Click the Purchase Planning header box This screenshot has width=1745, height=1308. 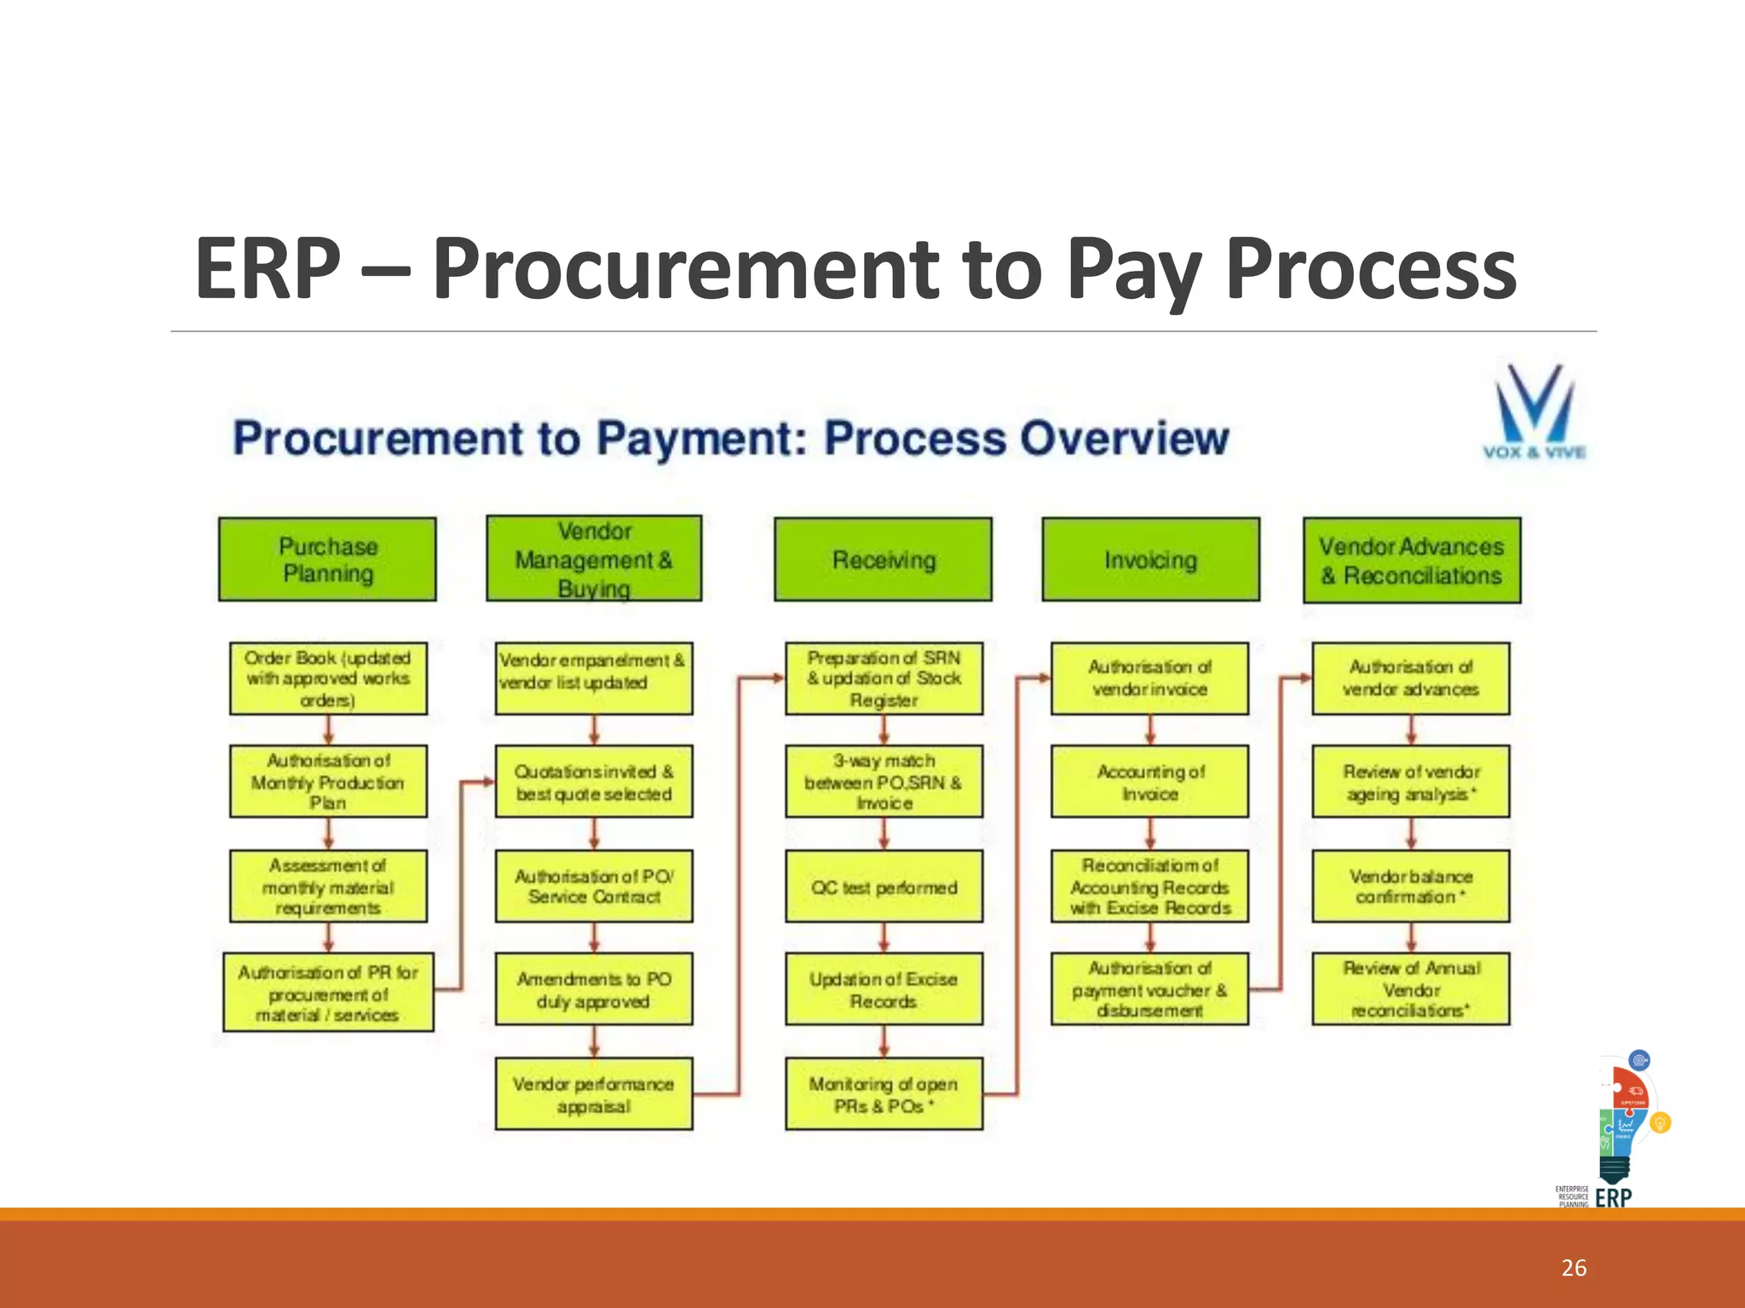tap(327, 559)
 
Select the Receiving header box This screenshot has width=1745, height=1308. tap(883, 559)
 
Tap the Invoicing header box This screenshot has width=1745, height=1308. tap(1150, 559)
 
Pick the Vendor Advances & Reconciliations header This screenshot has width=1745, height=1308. tap(1412, 560)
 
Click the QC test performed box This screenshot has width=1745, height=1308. tap(884, 886)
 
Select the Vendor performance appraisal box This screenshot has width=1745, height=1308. tap(593, 1094)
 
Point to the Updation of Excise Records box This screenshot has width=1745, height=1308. tap(884, 990)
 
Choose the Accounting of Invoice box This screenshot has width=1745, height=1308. tap(1149, 782)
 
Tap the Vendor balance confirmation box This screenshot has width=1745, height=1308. tap(1410, 886)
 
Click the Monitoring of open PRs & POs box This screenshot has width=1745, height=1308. tap(884, 1094)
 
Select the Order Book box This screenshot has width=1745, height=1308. tap(328, 679)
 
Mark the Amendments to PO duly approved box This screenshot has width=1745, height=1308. tap(593, 990)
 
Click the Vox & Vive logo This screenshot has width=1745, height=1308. tap(1534, 412)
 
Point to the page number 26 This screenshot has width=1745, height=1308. tap(1574, 1268)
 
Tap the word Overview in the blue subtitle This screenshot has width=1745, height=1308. tap(1125, 439)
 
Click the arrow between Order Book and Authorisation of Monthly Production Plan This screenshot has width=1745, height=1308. tap(328, 730)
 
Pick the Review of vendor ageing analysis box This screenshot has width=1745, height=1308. tap(1410, 782)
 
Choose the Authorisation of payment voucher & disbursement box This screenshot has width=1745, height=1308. tap(1149, 990)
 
